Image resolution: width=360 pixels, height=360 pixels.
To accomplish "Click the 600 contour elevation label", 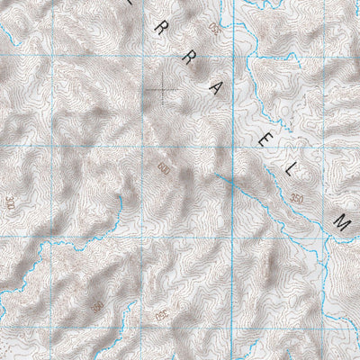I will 164,168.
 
